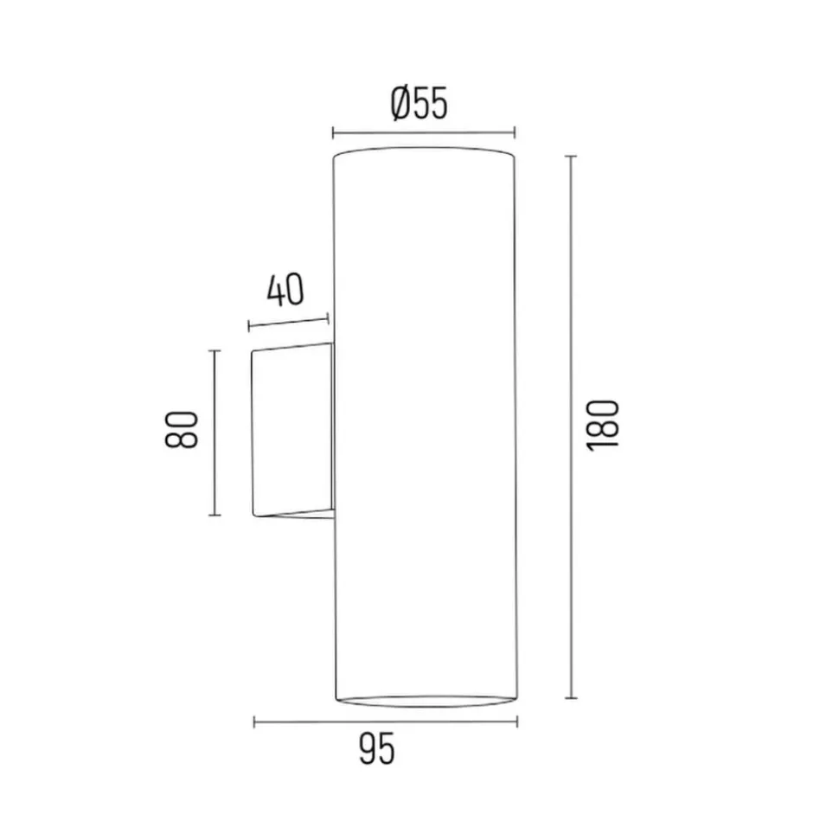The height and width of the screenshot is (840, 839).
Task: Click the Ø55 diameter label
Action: (x=419, y=104)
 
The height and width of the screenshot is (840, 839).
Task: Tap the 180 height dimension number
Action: (x=603, y=426)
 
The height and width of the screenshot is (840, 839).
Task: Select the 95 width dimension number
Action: (x=377, y=749)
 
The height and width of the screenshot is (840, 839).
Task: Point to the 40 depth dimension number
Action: (x=285, y=290)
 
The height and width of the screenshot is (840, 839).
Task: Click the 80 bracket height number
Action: (x=181, y=429)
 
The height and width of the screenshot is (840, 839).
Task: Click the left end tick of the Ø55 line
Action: (x=333, y=132)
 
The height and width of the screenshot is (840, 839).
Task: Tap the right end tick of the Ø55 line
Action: (x=515, y=132)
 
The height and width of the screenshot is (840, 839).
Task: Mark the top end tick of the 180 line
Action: (x=571, y=157)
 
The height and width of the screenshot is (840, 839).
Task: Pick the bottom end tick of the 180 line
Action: (x=571, y=698)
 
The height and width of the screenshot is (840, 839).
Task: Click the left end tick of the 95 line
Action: (x=254, y=722)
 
